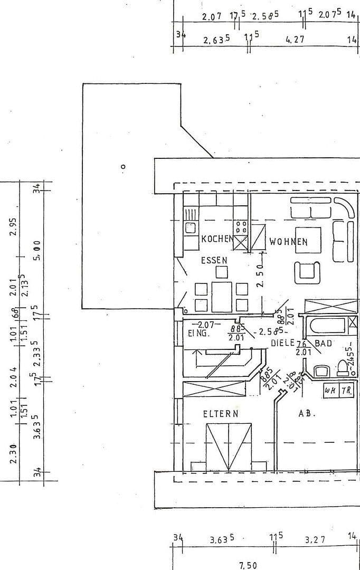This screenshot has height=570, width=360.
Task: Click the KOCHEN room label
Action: [217, 239]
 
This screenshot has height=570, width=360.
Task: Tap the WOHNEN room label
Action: [288, 242]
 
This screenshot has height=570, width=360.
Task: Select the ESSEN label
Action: [214, 260]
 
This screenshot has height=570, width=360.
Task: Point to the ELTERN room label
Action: [221, 414]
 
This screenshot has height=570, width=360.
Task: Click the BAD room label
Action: [324, 343]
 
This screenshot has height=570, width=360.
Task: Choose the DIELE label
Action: [282, 343]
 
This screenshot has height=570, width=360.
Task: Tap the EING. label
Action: [199, 333]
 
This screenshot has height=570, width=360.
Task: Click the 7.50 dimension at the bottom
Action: [248, 565]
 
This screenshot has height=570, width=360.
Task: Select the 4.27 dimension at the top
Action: [295, 39]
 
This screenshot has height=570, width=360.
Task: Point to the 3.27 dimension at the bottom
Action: [315, 539]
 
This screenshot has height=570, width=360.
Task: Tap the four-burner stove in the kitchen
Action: [241, 227]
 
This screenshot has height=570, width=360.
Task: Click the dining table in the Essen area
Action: [222, 297]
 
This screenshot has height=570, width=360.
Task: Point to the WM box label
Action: [330, 391]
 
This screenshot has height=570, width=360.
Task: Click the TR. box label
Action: [346, 391]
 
